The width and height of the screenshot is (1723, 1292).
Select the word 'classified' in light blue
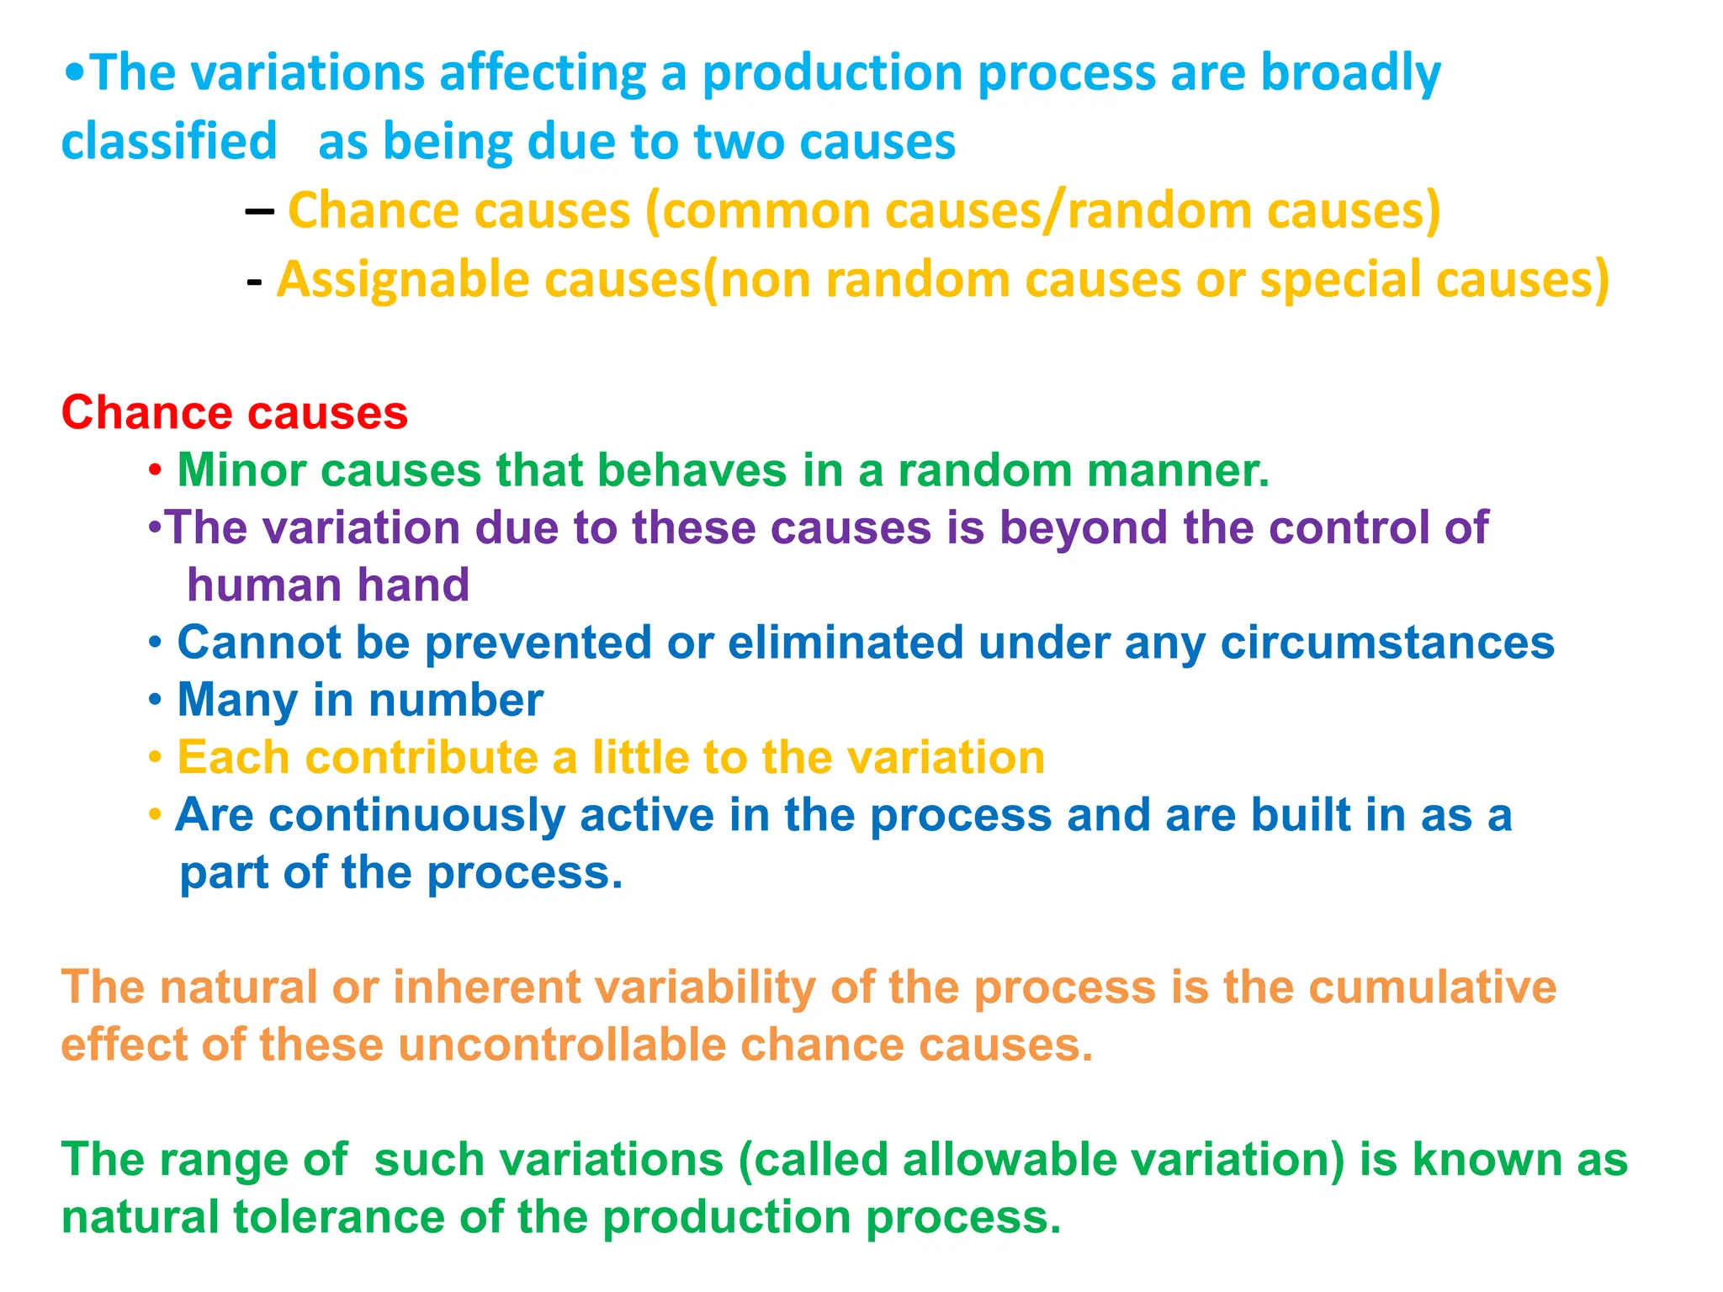tap(169, 141)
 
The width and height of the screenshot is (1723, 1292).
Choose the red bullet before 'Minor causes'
tap(155, 471)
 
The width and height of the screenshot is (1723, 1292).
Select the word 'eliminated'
tap(845, 643)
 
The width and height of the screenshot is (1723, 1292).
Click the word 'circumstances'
tap(1387, 643)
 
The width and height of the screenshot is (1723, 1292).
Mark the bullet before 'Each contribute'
tap(155, 758)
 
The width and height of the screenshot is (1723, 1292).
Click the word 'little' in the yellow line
tap(640, 757)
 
